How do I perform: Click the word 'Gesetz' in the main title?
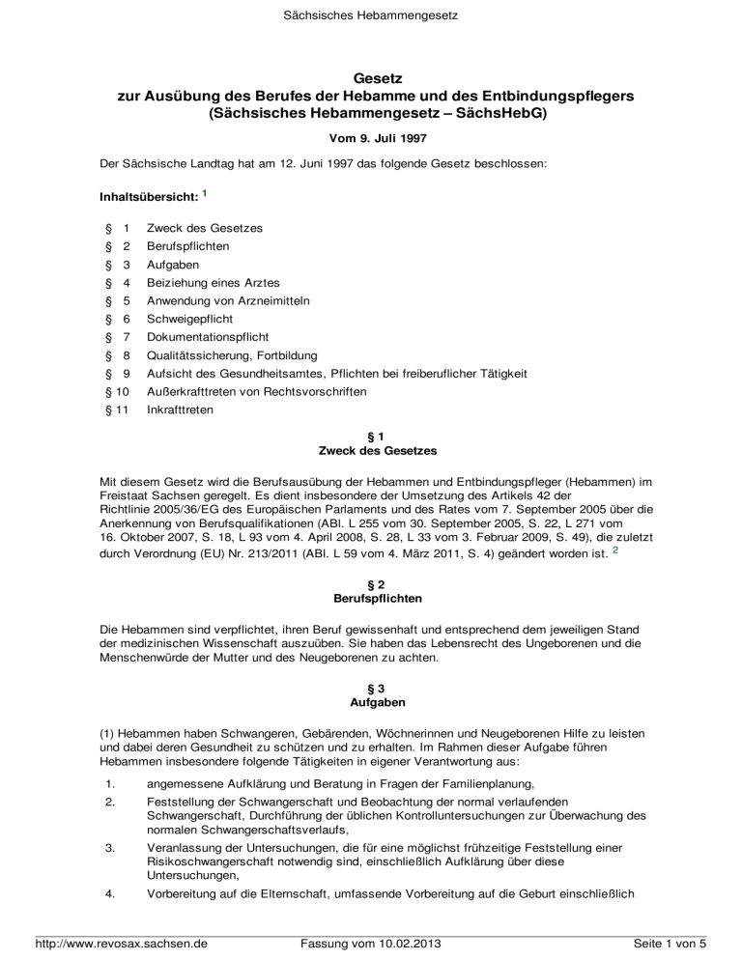pos(371,81)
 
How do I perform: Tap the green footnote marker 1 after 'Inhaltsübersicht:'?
pos(206,194)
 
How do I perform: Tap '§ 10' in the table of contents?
pos(115,392)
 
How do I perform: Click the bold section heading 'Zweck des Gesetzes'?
pos(371,451)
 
